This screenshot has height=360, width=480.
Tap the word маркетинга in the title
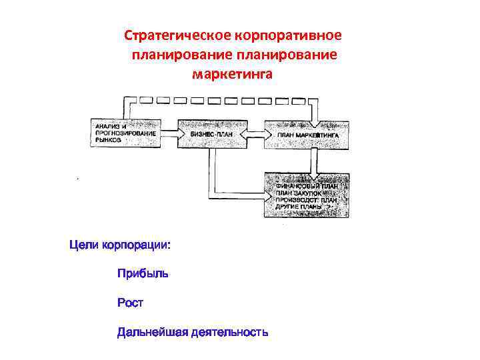click(x=232, y=74)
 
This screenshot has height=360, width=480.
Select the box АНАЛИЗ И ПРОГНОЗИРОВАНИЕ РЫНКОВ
click(x=125, y=133)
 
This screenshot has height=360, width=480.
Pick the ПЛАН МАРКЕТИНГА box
click(x=308, y=134)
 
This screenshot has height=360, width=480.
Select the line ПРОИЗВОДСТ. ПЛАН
click(x=307, y=199)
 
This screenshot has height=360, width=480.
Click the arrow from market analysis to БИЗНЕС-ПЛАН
click(x=169, y=134)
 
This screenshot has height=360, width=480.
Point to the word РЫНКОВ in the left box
click(x=109, y=141)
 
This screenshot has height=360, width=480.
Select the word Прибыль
click(x=143, y=273)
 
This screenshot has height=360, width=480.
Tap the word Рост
click(x=130, y=303)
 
